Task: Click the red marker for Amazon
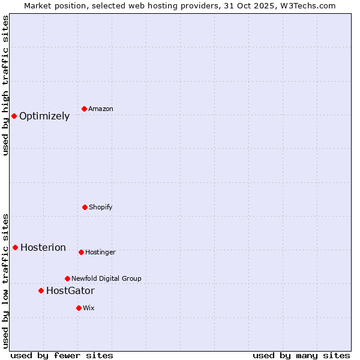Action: [x=84, y=109]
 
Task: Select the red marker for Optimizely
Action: [x=14, y=116]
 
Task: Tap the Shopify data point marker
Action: [x=85, y=207]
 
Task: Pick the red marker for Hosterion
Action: [x=15, y=247]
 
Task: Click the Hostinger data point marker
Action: [x=81, y=252]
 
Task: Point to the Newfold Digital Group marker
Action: [x=67, y=278]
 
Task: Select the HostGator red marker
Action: [x=41, y=290]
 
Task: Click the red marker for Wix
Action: [x=79, y=308]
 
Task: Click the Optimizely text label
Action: [x=44, y=116]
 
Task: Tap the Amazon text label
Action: [x=101, y=109]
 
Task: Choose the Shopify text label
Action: [x=101, y=207]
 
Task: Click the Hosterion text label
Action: [x=43, y=248]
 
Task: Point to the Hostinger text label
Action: [x=100, y=252]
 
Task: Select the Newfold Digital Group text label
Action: [x=106, y=278]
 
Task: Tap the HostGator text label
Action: [x=70, y=291]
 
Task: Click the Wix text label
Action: [x=89, y=308]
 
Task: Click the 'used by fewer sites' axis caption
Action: [x=62, y=355]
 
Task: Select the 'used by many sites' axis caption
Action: [x=301, y=355]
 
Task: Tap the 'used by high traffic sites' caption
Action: [x=5, y=85]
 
